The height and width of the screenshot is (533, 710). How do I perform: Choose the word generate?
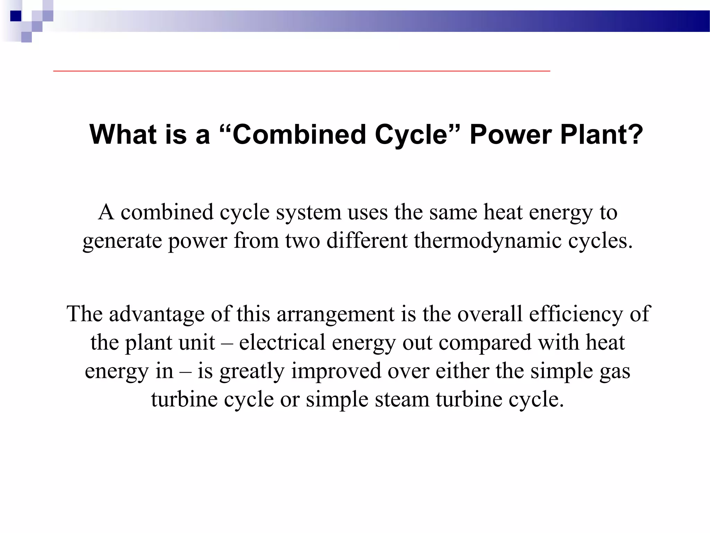(x=122, y=240)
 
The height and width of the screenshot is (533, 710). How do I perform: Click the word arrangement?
(x=336, y=314)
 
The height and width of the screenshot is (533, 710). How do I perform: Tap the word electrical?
(x=282, y=342)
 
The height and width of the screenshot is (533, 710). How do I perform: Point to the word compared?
(x=485, y=342)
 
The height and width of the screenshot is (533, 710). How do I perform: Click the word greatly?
(x=252, y=371)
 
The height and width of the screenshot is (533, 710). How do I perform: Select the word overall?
(x=490, y=314)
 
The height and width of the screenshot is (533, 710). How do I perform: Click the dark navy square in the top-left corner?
(x=16, y=16)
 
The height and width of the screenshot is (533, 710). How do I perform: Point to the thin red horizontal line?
(x=302, y=71)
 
